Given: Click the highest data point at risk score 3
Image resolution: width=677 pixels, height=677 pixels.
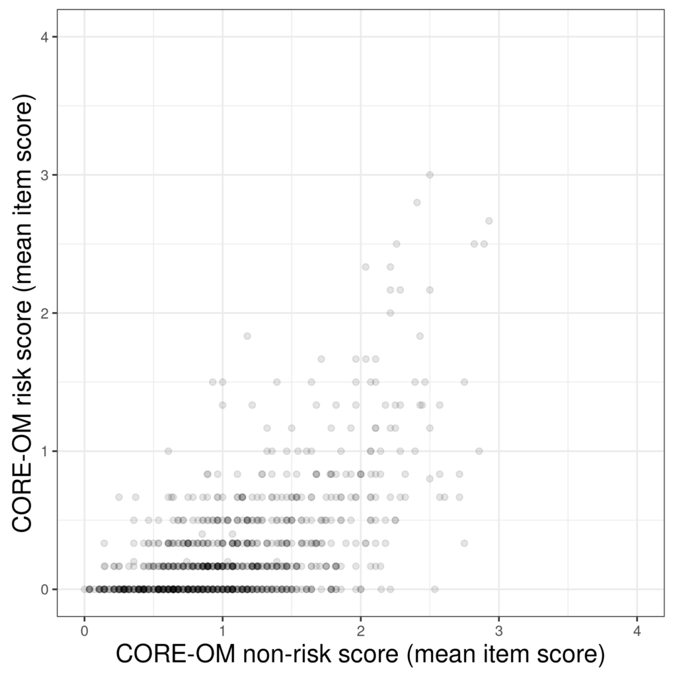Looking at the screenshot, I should [430, 175].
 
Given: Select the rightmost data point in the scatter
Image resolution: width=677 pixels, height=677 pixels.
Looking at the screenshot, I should [489, 221].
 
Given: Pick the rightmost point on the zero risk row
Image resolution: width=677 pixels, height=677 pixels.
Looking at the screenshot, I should [434, 589].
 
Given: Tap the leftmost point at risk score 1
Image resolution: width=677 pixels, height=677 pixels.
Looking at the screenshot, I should [168, 451].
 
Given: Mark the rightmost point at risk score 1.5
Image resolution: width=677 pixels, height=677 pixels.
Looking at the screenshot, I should [464, 382].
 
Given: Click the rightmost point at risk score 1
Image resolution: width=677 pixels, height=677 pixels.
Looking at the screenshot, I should [479, 451].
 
